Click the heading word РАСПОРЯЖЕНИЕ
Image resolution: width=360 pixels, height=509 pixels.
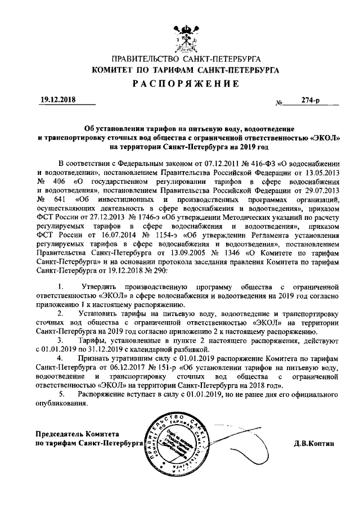181,83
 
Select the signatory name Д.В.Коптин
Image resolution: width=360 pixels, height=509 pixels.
315,443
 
